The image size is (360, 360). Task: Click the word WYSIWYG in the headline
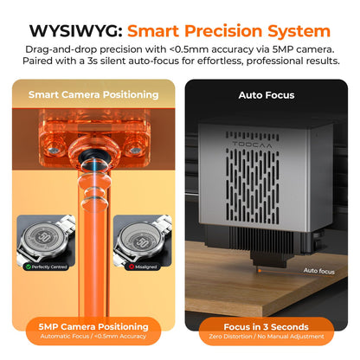click(76, 31)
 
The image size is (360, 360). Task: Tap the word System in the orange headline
click(299, 31)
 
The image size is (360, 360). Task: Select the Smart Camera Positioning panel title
click(93, 94)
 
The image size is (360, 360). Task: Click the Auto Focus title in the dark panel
click(267, 95)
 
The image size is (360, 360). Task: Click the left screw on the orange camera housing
click(53, 150)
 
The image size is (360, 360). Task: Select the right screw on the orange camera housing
click(134, 150)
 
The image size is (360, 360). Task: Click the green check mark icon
click(29, 267)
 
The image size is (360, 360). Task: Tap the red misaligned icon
click(132, 267)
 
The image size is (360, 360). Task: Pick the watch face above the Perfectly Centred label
click(44, 238)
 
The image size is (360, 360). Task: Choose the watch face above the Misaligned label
click(141, 239)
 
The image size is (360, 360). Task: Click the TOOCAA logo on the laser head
click(252, 145)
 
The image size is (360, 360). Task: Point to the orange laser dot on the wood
click(260, 271)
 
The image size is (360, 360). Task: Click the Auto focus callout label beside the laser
click(319, 271)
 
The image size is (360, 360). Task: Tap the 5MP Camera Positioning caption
click(93, 326)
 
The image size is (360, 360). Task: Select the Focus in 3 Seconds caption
click(266, 327)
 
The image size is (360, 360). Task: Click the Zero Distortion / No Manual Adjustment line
click(267, 337)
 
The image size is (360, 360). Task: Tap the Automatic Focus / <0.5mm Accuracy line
click(93, 336)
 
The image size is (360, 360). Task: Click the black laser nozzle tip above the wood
click(259, 262)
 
